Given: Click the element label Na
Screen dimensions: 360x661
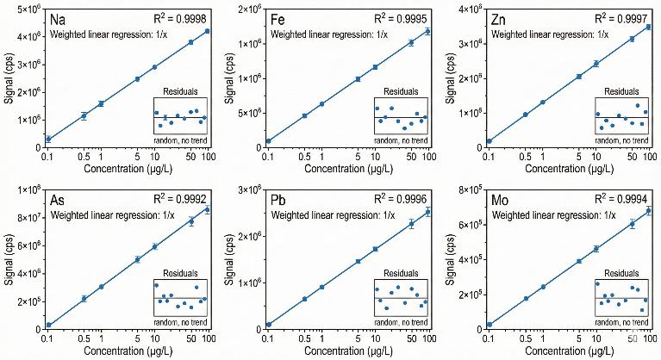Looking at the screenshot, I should (59, 19).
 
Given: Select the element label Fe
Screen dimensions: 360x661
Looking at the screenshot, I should (280, 19).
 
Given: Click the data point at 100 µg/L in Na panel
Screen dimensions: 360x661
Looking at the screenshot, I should (207, 31).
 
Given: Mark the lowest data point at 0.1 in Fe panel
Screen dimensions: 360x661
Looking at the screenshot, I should (269, 140).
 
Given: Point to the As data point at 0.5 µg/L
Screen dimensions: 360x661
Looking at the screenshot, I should (84, 299).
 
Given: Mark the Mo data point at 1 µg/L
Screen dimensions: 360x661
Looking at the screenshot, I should (542, 287).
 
